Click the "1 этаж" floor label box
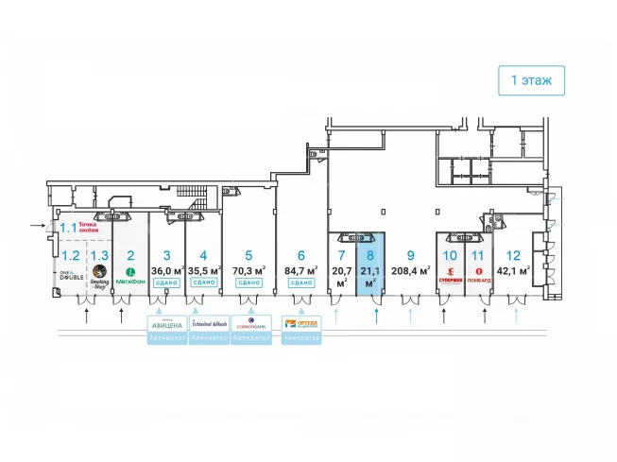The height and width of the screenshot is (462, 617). (x=532, y=80)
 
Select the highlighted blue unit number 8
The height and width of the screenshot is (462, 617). (x=370, y=254)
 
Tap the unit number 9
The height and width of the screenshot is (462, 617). (x=409, y=254)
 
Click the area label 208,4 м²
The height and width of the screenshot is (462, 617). (x=410, y=269)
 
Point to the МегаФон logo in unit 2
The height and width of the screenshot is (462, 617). (x=130, y=276)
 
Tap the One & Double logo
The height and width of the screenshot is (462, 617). (x=71, y=276)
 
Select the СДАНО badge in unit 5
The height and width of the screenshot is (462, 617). (x=249, y=282)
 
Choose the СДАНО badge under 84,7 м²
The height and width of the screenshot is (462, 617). (x=300, y=282)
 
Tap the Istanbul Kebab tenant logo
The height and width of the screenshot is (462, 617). (x=209, y=323)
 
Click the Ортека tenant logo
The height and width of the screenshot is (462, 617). (x=302, y=323)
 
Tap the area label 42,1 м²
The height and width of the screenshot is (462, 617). (x=513, y=269)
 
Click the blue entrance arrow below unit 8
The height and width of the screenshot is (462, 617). (x=376, y=314)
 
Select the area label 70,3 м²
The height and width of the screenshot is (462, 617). (x=249, y=269)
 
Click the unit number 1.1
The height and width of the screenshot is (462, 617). (x=69, y=228)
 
